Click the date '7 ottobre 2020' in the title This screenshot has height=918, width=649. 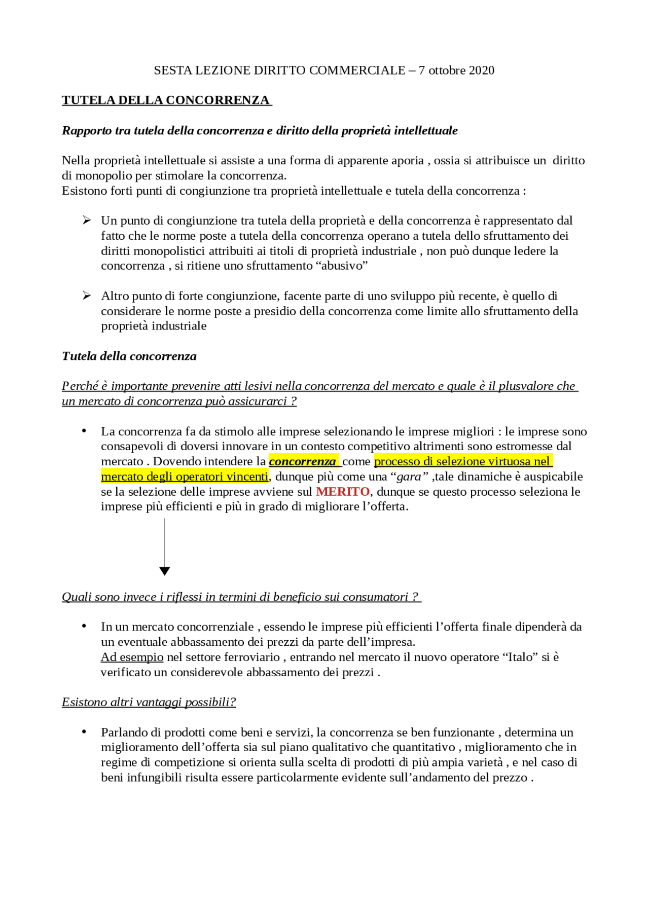(456, 70)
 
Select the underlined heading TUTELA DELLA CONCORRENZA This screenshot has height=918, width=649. (166, 100)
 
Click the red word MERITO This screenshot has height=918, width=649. (343, 492)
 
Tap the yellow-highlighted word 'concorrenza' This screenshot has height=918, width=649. (303, 462)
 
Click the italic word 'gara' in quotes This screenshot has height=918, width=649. (409, 477)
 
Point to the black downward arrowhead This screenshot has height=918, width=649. (164, 571)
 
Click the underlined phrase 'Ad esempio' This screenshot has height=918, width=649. (132, 657)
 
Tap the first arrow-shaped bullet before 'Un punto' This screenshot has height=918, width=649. (87, 221)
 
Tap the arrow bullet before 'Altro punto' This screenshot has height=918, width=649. (87, 296)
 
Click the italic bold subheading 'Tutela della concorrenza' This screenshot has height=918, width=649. (129, 356)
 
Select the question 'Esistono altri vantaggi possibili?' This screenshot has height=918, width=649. (149, 703)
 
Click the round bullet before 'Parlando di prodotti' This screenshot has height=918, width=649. (84, 732)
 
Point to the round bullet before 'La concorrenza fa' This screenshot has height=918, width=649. (84, 431)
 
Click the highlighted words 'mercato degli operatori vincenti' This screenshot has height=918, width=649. (185, 477)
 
